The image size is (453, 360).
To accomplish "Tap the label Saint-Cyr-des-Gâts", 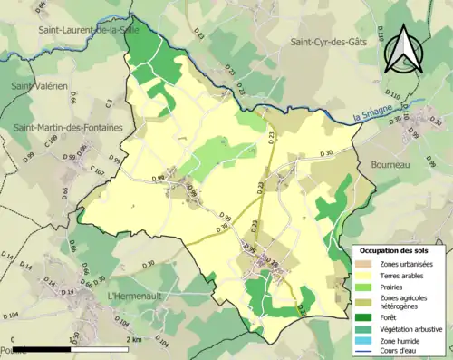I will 333,42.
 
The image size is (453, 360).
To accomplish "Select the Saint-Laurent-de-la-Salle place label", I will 90,30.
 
